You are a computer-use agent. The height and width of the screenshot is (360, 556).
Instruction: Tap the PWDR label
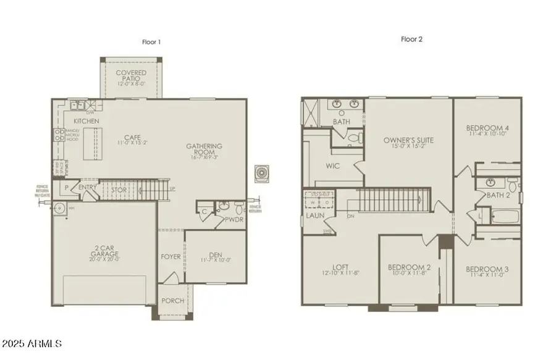click(x=234, y=219)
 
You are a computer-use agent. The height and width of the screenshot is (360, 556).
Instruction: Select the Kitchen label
click(x=87, y=120)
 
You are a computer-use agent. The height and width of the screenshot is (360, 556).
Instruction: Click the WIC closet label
click(x=333, y=166)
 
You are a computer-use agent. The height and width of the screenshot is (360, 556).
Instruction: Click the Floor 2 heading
click(x=411, y=39)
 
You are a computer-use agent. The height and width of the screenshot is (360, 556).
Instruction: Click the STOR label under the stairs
click(x=119, y=190)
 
